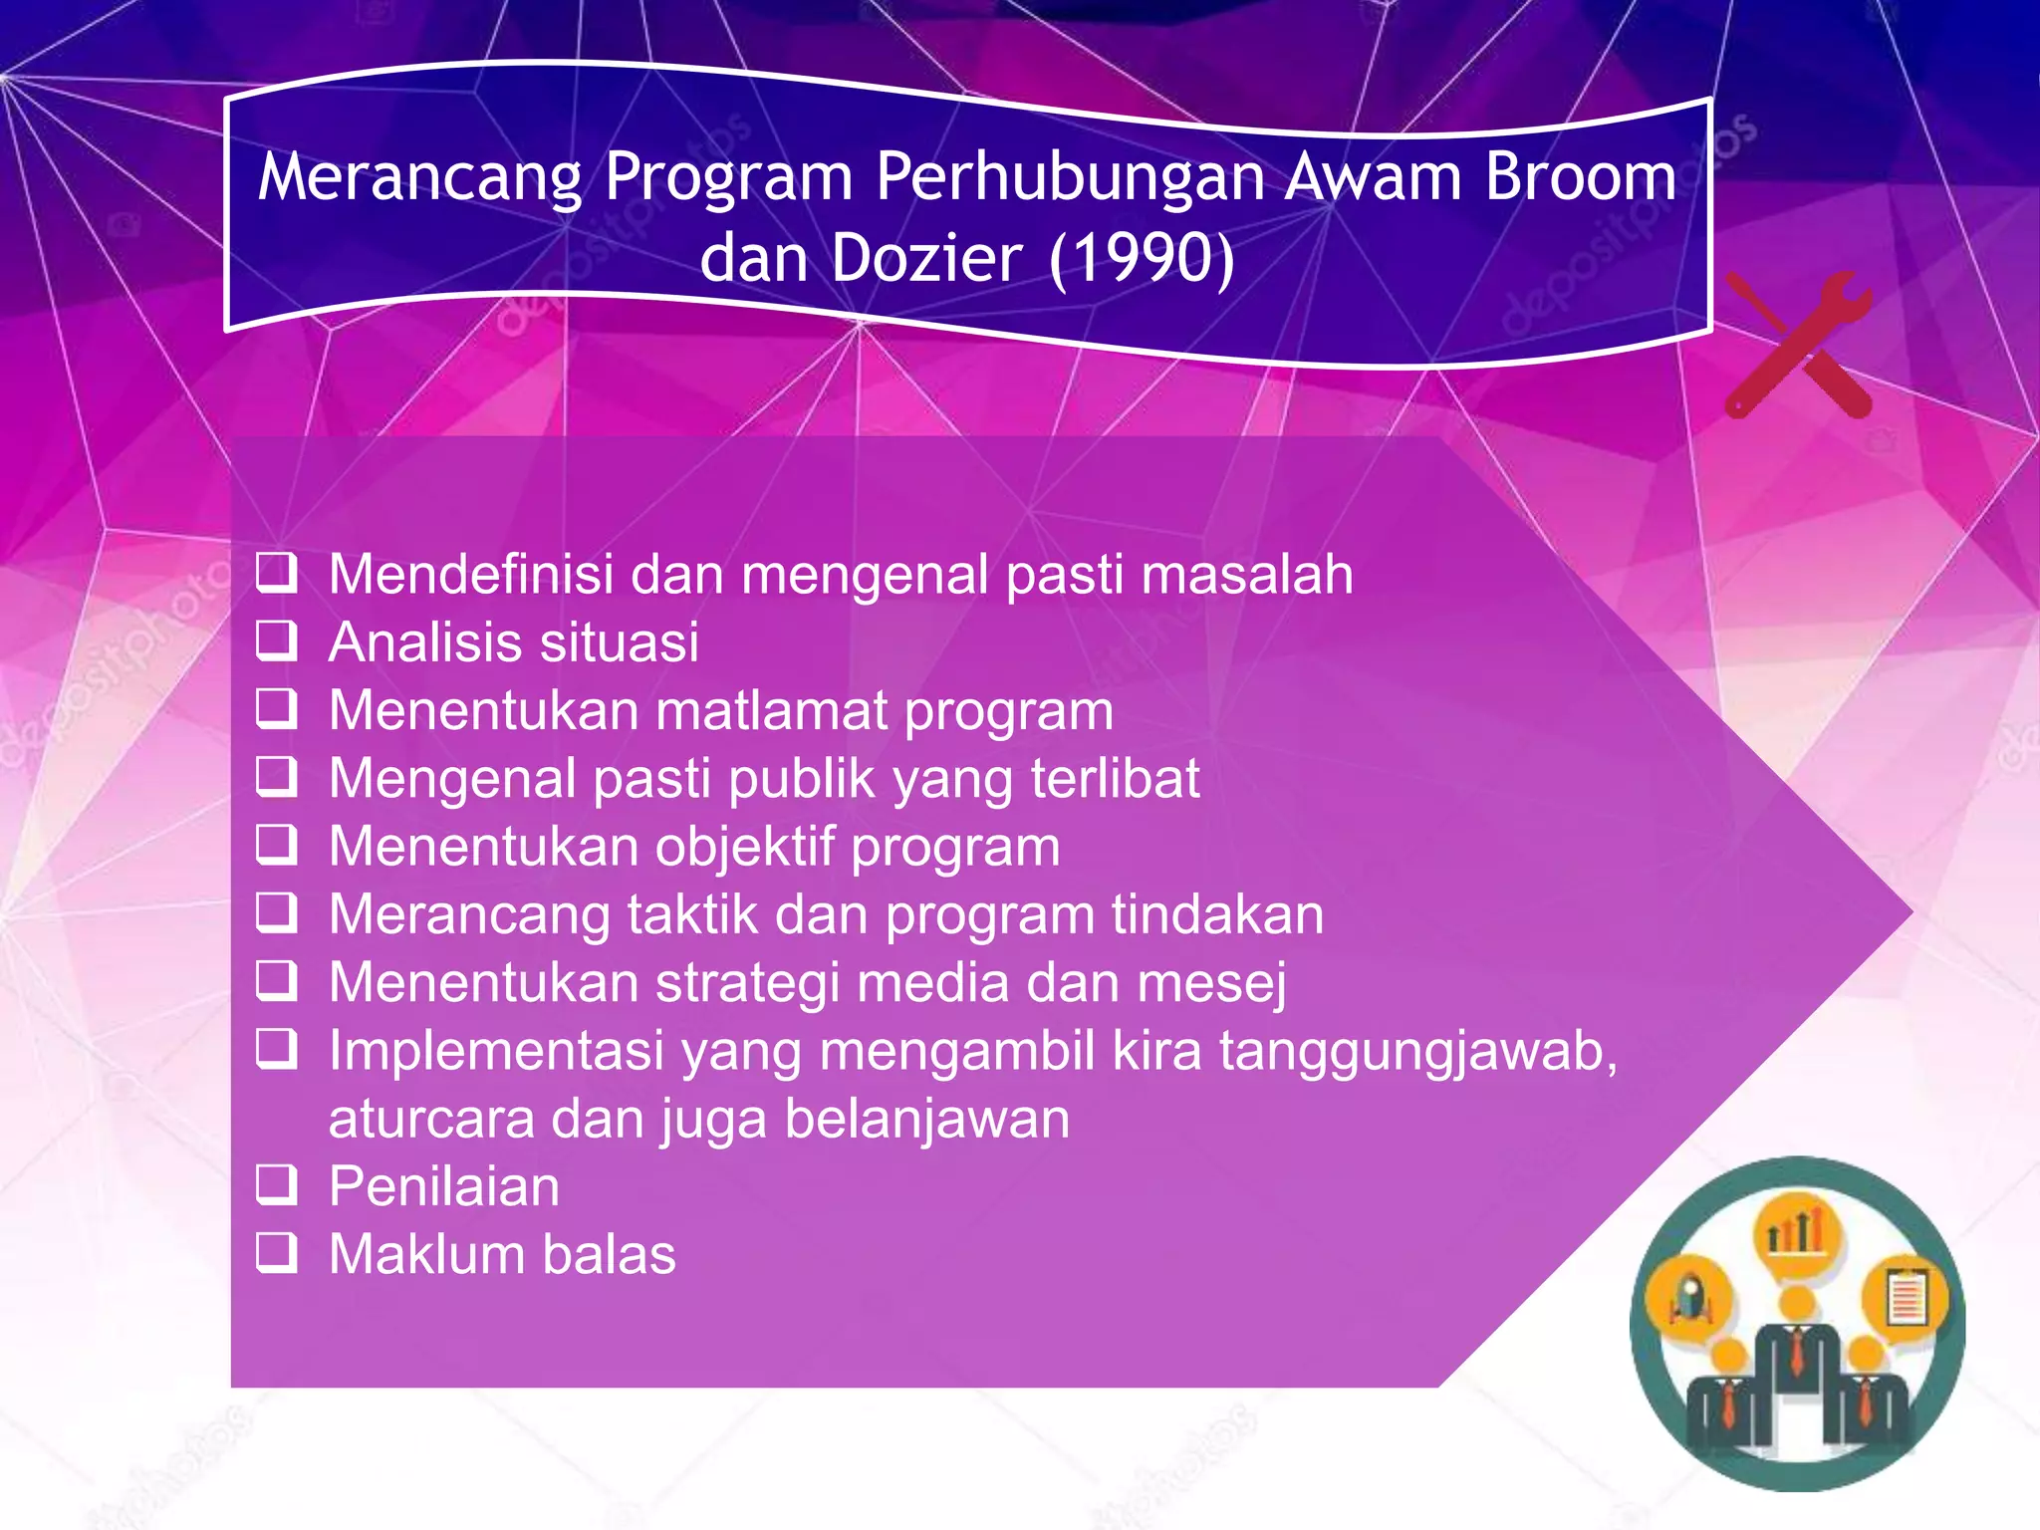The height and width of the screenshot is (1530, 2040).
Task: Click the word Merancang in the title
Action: (x=419, y=177)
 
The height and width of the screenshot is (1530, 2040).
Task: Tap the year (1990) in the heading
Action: (x=1142, y=259)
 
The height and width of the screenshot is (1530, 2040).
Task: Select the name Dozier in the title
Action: (x=925, y=259)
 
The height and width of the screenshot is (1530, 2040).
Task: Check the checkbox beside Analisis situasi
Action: (x=277, y=641)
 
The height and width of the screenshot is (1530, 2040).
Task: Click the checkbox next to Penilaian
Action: (x=277, y=1185)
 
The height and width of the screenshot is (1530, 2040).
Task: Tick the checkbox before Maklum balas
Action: (x=277, y=1253)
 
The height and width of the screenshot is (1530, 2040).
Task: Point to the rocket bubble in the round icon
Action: (x=1689, y=1297)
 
